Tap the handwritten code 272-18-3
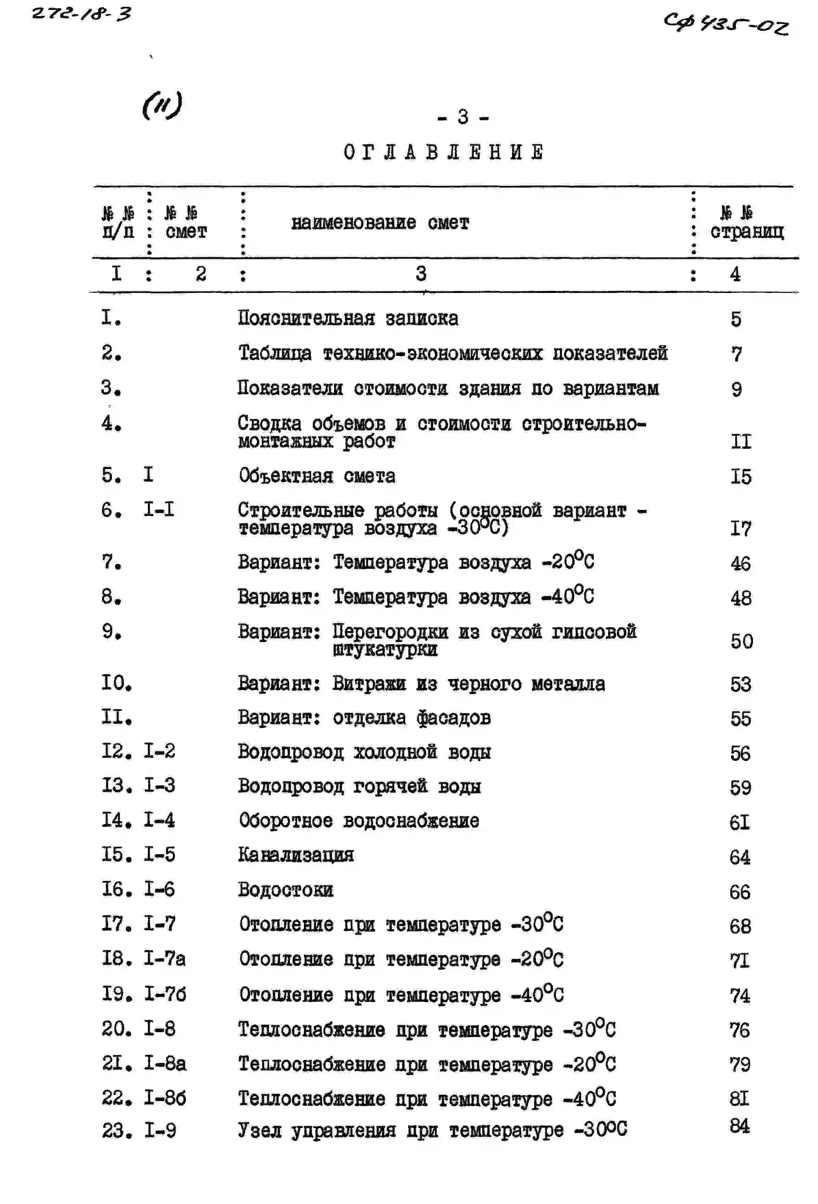pyautogui.click(x=82, y=13)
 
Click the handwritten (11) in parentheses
pyautogui.click(x=162, y=106)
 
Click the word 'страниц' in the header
pyautogui.click(x=746, y=232)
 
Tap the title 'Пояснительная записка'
pyautogui.click(x=348, y=318)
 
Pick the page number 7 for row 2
pyautogui.click(x=736, y=354)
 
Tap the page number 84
pyautogui.click(x=739, y=1125)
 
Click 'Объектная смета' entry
pyautogui.click(x=317, y=476)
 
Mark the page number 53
pyautogui.click(x=740, y=684)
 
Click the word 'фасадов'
pyautogui.click(x=453, y=718)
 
